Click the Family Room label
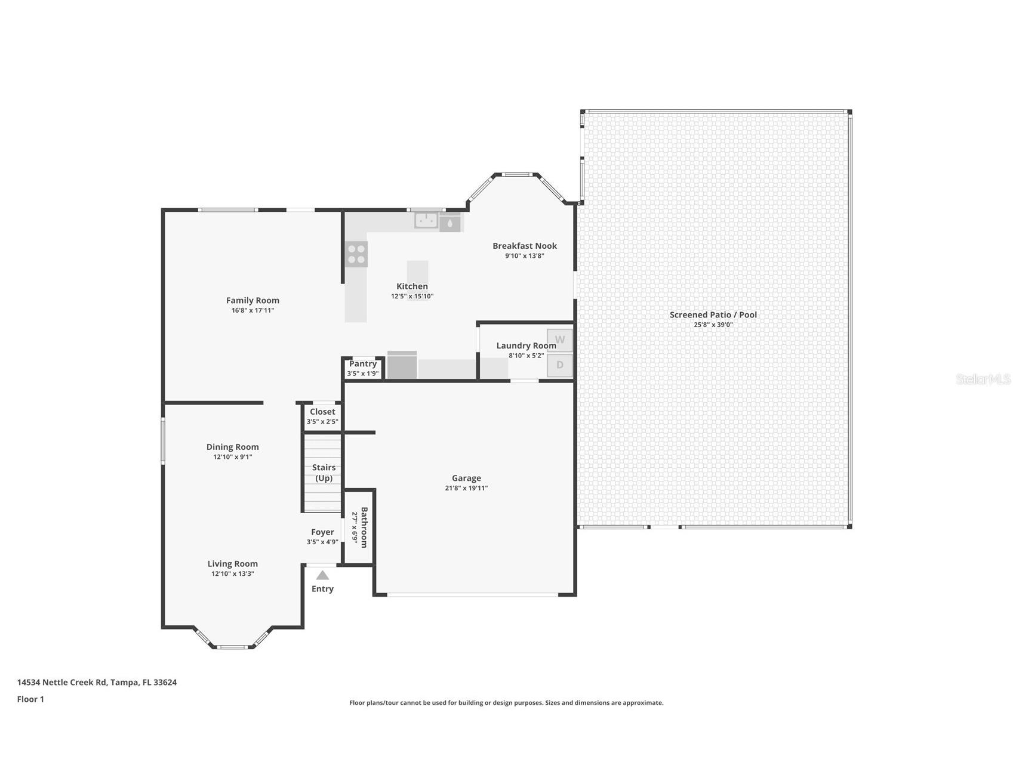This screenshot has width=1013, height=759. pos(253,300)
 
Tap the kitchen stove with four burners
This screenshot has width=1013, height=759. pos(356,254)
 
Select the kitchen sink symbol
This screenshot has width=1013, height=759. pos(426,220)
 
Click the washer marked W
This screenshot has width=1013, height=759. pos(560,340)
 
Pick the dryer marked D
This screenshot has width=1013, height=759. pos(560,365)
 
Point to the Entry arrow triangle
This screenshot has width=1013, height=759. pos(322,575)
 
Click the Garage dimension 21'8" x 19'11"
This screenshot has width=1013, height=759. pos(466,488)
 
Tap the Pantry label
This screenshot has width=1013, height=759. pos(363,363)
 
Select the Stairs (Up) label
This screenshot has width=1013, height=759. pos(324,473)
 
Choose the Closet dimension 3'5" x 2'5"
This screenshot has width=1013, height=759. pos(322,422)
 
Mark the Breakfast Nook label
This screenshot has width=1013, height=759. pos(525,245)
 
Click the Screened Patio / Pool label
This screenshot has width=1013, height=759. pos(713,314)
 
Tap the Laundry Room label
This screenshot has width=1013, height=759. pos(526,345)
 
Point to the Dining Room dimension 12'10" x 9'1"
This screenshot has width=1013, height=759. pos(233,457)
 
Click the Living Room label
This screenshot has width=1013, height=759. pos(233,563)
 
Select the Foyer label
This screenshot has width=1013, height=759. pos(322,532)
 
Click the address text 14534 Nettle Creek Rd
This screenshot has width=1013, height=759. pos(62,682)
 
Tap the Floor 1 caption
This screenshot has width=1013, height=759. pos(30,699)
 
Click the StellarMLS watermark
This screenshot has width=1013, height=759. pos(983,379)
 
